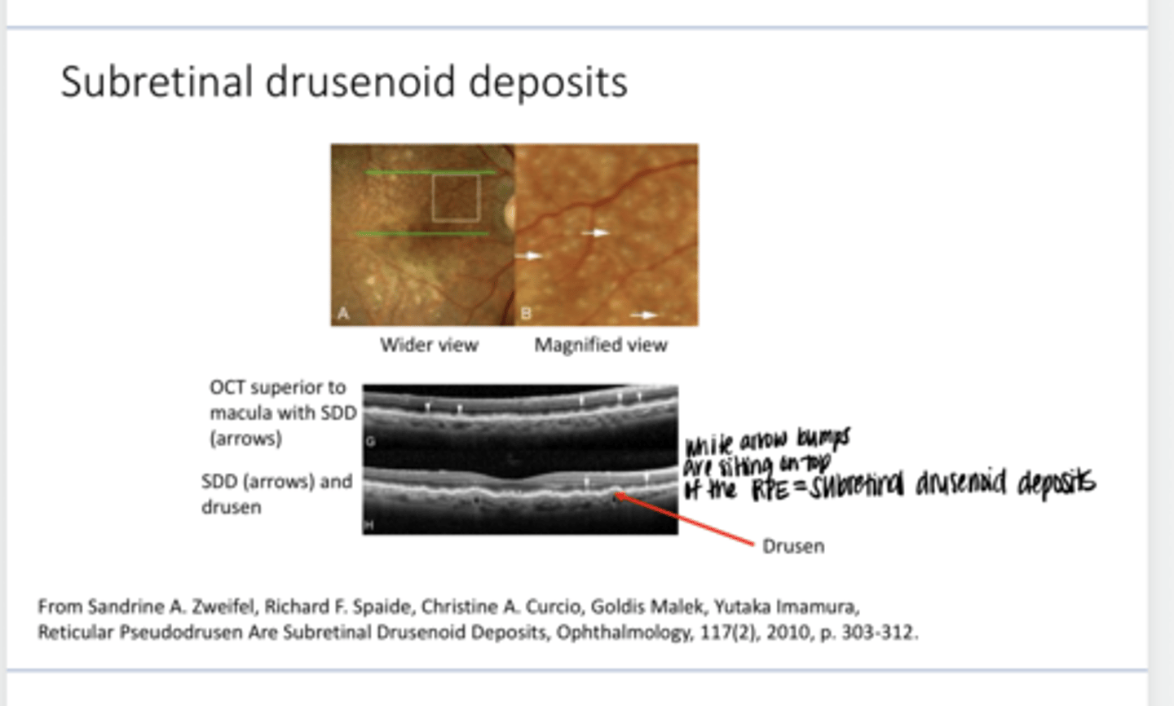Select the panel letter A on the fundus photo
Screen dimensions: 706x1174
point(343,313)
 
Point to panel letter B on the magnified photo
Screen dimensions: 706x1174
point(526,313)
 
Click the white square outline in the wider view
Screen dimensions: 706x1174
point(456,198)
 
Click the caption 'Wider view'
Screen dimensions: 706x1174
point(429,345)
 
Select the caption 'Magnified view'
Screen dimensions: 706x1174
point(601,345)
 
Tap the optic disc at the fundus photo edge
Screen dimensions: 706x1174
point(510,214)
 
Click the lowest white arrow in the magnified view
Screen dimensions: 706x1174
point(644,315)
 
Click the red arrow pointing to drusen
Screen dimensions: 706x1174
point(685,518)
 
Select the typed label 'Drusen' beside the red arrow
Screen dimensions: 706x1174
point(792,546)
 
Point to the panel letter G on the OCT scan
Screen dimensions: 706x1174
point(370,442)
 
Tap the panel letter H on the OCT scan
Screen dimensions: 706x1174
point(369,524)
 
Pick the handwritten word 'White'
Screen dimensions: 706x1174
point(708,446)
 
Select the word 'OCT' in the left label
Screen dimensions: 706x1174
point(227,387)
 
